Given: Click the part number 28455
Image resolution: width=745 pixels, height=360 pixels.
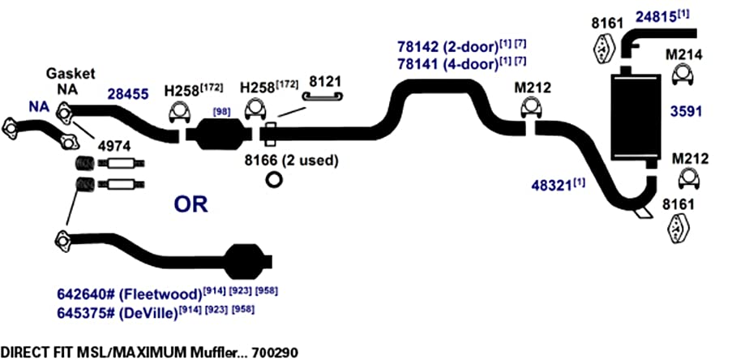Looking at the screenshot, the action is pyautogui.click(x=128, y=93).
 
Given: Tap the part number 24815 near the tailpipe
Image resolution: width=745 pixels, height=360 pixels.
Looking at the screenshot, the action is pyautogui.click(x=656, y=18).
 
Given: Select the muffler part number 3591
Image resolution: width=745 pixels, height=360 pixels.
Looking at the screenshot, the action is pyautogui.click(x=686, y=112).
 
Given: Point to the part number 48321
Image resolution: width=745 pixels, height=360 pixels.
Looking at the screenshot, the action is pyautogui.click(x=551, y=185).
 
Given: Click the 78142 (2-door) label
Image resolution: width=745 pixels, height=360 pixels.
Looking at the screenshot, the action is pyautogui.click(x=447, y=48).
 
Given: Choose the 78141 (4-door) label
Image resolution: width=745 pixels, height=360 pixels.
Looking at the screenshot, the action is pyautogui.click(x=447, y=63).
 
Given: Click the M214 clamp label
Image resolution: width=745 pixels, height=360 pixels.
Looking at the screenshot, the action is pyautogui.click(x=683, y=55).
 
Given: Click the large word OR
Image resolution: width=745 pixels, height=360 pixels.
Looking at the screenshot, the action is pyautogui.click(x=191, y=204).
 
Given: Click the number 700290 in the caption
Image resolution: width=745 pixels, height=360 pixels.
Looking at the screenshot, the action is pyautogui.click(x=275, y=353).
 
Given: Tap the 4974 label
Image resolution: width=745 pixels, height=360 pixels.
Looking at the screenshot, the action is pyautogui.click(x=113, y=146).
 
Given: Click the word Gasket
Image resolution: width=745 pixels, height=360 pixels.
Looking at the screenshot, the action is pyautogui.click(x=71, y=74).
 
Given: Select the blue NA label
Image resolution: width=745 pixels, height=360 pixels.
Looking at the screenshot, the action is pyautogui.click(x=39, y=107).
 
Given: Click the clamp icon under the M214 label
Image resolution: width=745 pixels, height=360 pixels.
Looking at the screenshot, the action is pyautogui.click(x=683, y=76).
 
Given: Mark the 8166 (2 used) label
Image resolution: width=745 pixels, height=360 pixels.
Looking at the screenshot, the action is pyautogui.click(x=291, y=161).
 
